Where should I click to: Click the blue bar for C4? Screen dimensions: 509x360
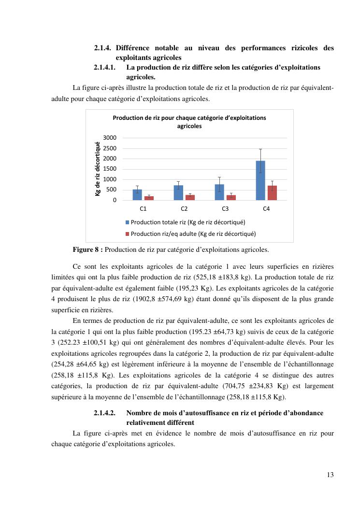pyautogui.click(x=260, y=180)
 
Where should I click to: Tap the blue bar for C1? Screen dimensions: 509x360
pyautogui.click(x=137, y=195)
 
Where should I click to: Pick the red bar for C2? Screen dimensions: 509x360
pyautogui.click(x=190, y=197)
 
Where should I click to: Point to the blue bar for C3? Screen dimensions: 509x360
pyautogui.click(x=219, y=192)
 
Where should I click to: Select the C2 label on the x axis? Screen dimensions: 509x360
pyautogui.click(x=184, y=209)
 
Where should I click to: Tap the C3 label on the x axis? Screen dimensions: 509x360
pyautogui.click(x=225, y=209)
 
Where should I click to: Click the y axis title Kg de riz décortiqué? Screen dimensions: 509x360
pyautogui.click(x=98, y=168)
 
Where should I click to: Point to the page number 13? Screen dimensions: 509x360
pyautogui.click(x=330, y=475)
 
